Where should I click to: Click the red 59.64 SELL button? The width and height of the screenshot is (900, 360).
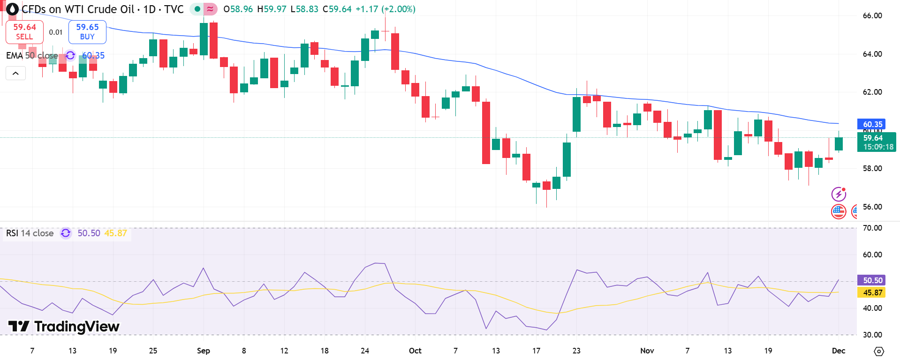click(24, 32)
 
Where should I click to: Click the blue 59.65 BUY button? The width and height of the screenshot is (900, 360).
click(87, 32)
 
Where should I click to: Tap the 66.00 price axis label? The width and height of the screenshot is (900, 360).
click(872, 15)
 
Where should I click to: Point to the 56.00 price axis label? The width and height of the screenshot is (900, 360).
click(872, 207)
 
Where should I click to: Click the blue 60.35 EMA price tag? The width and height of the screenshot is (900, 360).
click(872, 124)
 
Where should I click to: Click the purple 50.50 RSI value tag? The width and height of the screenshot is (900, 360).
click(872, 280)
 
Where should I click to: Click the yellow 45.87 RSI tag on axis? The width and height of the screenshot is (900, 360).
click(872, 292)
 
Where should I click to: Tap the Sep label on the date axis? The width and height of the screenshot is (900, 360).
click(204, 351)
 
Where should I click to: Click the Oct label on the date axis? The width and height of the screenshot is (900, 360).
click(415, 351)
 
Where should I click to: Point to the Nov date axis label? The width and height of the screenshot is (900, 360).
click(647, 351)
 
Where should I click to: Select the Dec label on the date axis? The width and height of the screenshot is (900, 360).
click(838, 351)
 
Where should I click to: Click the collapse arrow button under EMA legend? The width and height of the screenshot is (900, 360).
click(15, 74)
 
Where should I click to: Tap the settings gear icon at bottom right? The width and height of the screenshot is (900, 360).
click(879, 351)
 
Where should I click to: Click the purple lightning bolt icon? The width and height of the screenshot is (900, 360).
click(838, 194)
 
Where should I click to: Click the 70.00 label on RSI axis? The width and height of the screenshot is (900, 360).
click(872, 228)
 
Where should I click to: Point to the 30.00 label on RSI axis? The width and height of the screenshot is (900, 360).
click(872, 335)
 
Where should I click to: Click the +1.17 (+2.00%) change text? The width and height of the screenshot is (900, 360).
click(385, 9)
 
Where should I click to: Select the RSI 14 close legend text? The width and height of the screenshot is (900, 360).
click(30, 233)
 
